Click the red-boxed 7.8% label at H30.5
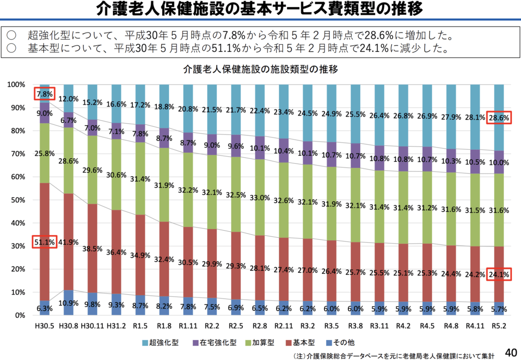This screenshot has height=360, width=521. tap(44, 94)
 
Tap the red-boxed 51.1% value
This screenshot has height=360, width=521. tap(44, 242)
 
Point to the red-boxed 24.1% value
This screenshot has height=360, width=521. tap(498, 275)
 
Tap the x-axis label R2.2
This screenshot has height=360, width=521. tap(212, 324)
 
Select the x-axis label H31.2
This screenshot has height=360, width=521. tap(116, 324)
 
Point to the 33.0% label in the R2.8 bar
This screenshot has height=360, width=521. tap(259, 198)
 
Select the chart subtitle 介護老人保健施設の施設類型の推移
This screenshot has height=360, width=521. tap(260, 70)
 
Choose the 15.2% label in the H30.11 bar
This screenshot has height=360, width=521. tap(92, 102)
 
